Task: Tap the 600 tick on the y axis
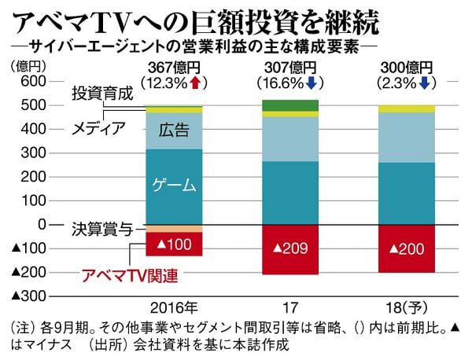(30, 82)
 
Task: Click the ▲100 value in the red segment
(174, 244)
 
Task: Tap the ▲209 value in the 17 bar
(289, 249)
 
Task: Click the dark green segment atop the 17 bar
(289, 105)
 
